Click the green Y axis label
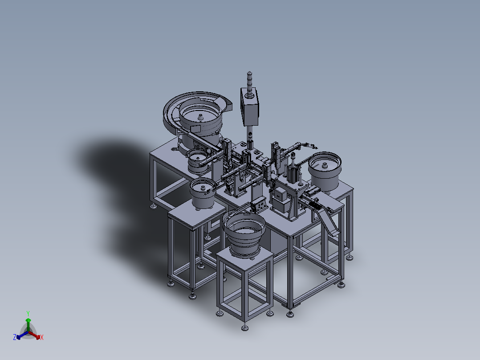28,313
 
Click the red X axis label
42,337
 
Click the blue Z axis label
15,337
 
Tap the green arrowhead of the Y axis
28,320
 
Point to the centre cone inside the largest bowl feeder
200,117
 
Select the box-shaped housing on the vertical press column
250,106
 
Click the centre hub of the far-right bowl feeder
325,166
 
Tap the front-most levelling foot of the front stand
244,328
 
